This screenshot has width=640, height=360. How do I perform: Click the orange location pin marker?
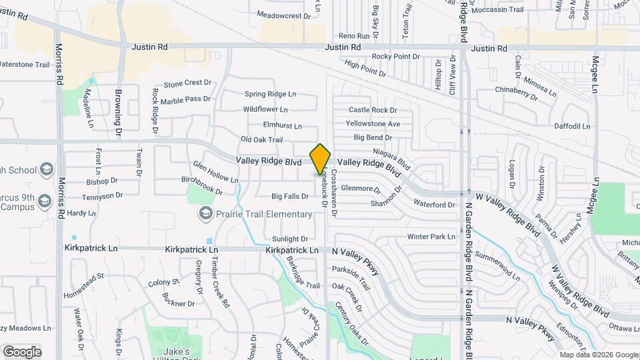pyautogui.click(x=321, y=159)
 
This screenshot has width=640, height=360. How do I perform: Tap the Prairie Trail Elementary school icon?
pyautogui.click(x=205, y=213)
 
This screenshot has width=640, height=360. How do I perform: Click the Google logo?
pyautogui.click(x=21, y=351)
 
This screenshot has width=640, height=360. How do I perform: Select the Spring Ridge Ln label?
pyautogui.click(x=270, y=94)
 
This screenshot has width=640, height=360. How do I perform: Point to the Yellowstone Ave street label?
pyautogui.click(x=373, y=123)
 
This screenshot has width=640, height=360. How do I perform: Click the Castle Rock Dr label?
pyautogui.click(x=373, y=109)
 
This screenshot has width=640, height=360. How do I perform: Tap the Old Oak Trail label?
pyautogui.click(x=262, y=139)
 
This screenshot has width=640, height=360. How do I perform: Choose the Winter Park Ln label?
pyautogui.click(x=431, y=236)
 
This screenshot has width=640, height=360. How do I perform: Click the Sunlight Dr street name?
pyautogui.click(x=290, y=239)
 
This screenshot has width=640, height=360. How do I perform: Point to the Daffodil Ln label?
pyautogui.click(x=572, y=125)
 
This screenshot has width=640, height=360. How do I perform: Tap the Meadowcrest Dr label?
pyautogui.click(x=283, y=15)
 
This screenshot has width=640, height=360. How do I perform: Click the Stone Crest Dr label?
pyautogui.click(x=187, y=83)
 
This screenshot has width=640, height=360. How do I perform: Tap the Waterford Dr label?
pyautogui.click(x=434, y=204)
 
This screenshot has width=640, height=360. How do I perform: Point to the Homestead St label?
pyautogui.click(x=83, y=275)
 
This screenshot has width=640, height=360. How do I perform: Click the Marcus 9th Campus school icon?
pyautogui.click(x=45, y=200)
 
